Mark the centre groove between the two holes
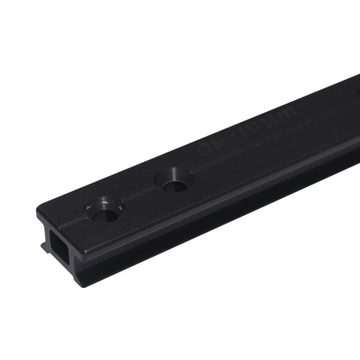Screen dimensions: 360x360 (139, 197)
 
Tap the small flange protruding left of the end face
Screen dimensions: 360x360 (43, 246)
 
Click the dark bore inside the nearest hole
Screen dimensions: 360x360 (103, 213)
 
